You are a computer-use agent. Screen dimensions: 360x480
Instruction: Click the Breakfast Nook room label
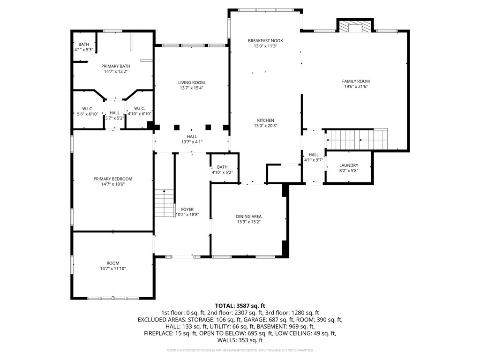pos(265,41)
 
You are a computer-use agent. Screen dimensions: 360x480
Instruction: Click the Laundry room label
pos(349,165)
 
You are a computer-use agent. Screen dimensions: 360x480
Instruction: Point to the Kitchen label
pos(265,120)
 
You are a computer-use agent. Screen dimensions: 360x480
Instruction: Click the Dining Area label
pos(248,217)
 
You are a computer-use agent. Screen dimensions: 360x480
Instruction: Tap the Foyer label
pos(187,210)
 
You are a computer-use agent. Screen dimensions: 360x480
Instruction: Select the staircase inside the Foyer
pos(165,203)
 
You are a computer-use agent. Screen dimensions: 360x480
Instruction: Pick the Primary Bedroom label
pos(112,179)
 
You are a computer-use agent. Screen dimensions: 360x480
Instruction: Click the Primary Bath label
pos(116,66)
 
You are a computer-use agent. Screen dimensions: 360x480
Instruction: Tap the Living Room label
pos(192,82)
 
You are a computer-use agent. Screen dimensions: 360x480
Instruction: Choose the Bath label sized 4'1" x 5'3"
pos(83,45)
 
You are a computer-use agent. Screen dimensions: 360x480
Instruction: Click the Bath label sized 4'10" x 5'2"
pos(222,167)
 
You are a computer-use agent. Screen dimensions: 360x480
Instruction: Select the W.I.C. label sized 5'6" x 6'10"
pos(88,109)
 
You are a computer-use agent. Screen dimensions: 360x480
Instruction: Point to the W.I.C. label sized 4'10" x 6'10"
pos(140,109)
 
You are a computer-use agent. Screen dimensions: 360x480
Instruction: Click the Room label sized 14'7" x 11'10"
pos(112,263)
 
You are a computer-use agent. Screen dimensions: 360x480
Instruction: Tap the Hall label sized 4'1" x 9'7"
pos(314,155)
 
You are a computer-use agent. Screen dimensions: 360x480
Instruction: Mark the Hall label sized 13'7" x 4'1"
pos(192,136)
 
